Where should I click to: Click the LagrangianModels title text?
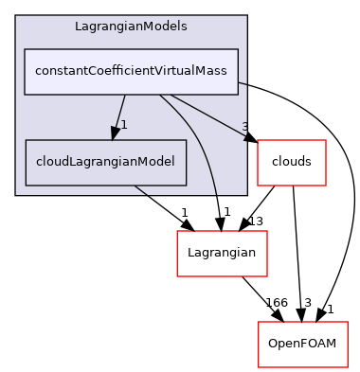point(130,25)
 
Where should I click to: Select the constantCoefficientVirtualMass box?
point(131,72)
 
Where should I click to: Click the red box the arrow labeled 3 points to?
point(292,162)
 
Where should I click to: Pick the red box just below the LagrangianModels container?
point(222,253)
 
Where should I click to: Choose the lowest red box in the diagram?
point(303,345)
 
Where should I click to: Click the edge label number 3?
point(244,126)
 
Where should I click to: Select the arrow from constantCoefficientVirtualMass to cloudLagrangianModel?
point(121,113)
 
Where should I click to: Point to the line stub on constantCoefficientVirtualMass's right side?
point(243,82)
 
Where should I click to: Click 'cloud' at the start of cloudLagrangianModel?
point(50,162)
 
